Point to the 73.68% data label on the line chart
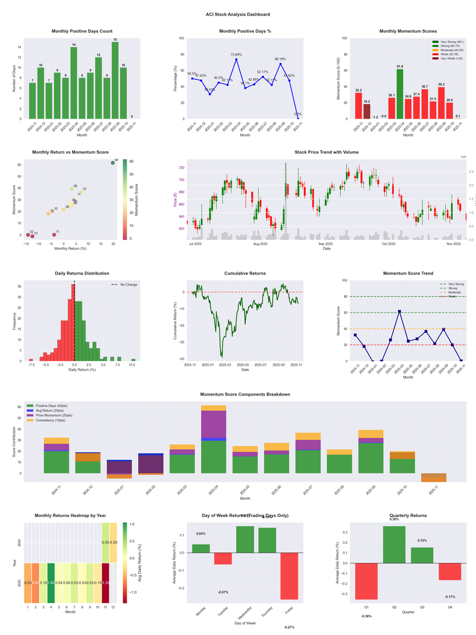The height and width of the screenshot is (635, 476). [x=236, y=55]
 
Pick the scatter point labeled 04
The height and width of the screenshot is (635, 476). [x=112, y=163]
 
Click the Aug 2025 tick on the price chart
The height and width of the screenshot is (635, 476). [x=260, y=244]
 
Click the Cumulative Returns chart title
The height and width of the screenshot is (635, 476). [x=245, y=273]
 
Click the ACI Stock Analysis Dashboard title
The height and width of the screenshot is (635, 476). [x=238, y=14]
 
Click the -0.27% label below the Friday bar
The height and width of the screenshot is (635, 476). [x=289, y=627]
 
